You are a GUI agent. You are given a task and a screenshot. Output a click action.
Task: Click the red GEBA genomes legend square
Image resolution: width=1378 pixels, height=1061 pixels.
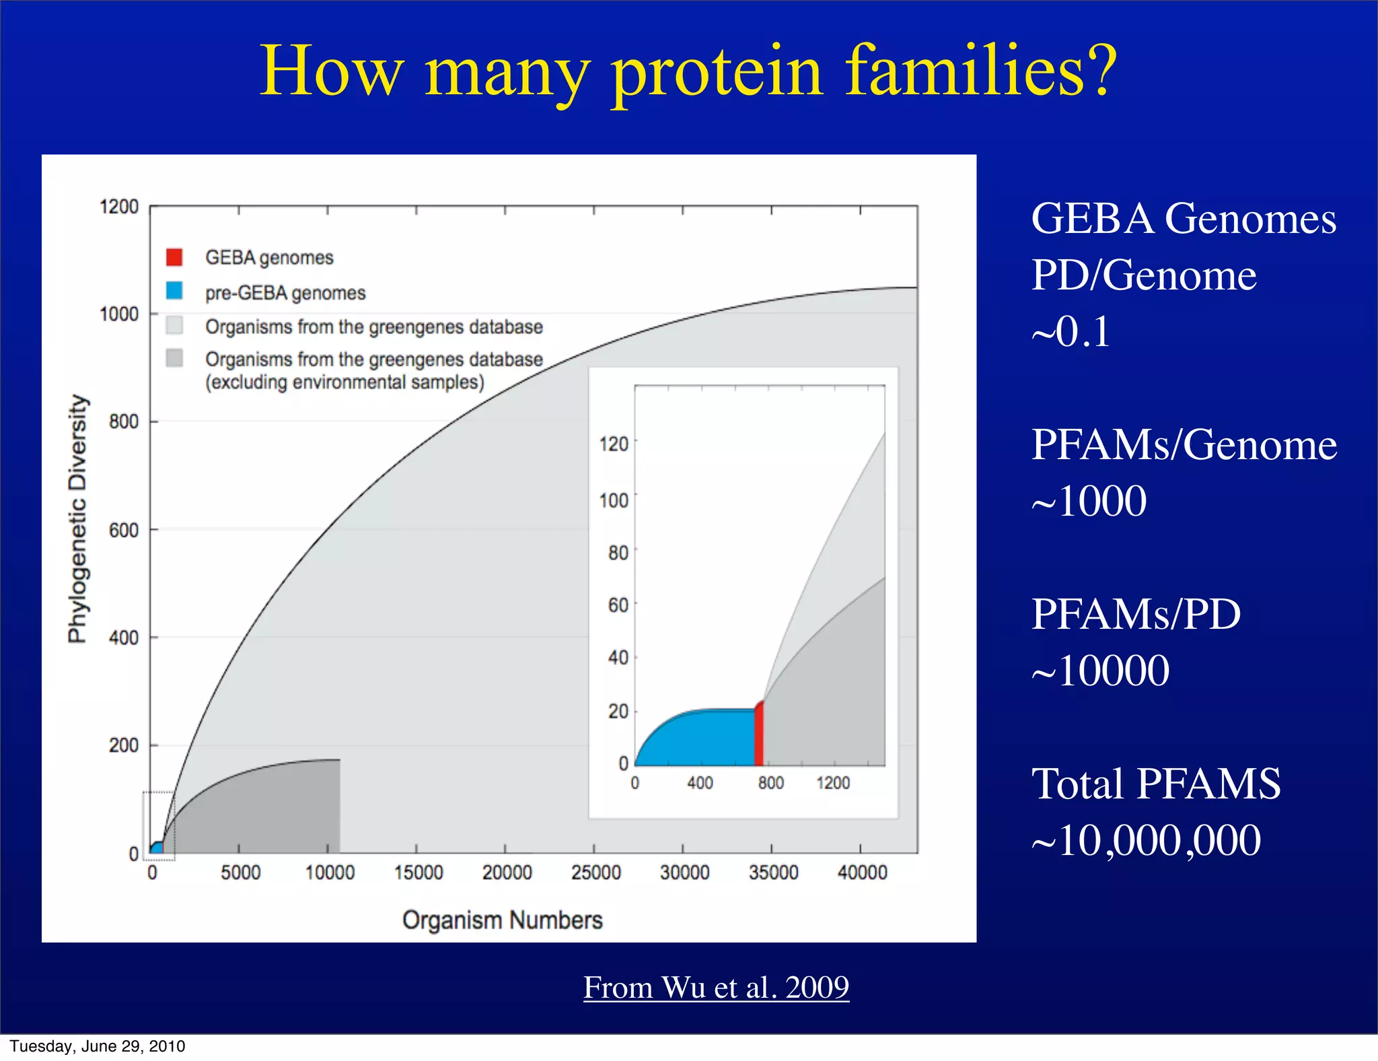(174, 256)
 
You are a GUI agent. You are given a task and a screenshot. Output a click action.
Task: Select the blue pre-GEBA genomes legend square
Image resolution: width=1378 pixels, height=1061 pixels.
(174, 291)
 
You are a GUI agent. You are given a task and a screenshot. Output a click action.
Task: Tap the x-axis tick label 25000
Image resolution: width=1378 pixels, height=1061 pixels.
(595, 872)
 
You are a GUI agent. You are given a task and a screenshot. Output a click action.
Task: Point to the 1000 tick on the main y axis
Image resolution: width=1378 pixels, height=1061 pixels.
(119, 314)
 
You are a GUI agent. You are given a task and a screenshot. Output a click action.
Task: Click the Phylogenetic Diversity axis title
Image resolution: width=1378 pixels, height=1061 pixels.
(78, 518)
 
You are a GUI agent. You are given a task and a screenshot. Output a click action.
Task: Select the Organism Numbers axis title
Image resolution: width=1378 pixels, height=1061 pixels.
(502, 920)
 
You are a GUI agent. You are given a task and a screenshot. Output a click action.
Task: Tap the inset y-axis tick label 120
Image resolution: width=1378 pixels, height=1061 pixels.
(614, 444)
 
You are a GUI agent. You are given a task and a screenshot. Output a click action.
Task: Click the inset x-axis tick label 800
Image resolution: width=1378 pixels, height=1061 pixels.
(770, 783)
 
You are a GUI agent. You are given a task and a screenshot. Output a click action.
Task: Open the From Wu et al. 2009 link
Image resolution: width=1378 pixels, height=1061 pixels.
(716, 988)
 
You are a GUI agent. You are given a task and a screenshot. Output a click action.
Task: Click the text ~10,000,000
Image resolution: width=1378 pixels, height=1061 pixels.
(1146, 840)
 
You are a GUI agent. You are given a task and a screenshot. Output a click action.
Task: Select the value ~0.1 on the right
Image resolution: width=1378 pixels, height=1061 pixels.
(1071, 331)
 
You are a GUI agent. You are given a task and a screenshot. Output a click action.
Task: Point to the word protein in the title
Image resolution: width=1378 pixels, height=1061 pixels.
(717, 71)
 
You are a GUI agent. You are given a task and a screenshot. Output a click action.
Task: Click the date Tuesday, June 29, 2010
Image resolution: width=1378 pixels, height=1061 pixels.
(98, 1046)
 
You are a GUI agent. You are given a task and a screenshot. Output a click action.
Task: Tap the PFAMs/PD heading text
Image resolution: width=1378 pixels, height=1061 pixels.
(1136, 614)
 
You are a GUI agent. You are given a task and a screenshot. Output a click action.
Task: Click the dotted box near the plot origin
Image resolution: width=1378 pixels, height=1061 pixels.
(159, 827)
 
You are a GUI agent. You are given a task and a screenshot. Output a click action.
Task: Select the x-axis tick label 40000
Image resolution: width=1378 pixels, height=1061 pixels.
(862, 872)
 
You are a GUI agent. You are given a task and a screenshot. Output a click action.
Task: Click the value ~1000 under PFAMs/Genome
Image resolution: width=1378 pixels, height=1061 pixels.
(1089, 502)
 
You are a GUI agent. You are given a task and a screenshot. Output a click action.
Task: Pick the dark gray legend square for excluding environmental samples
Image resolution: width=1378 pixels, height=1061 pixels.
(174, 358)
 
